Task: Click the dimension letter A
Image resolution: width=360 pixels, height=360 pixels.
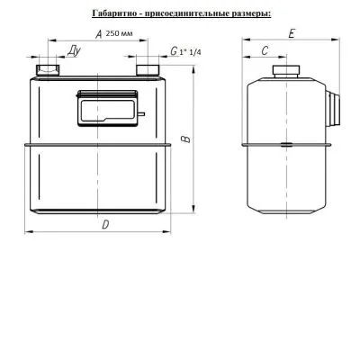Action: click(x=99, y=34)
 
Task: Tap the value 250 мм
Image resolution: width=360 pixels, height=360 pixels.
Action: click(x=119, y=33)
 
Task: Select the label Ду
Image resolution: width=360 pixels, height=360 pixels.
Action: click(x=74, y=51)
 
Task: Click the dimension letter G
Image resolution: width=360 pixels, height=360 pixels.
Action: click(x=174, y=51)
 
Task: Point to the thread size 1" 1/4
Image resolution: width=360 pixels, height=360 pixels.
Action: click(x=191, y=52)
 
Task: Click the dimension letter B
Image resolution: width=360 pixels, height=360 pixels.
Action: click(x=186, y=139)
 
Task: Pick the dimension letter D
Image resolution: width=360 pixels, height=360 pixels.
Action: click(x=105, y=225)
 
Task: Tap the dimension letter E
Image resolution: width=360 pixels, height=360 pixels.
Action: click(x=291, y=33)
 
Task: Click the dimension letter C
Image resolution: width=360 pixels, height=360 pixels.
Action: click(x=265, y=51)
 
